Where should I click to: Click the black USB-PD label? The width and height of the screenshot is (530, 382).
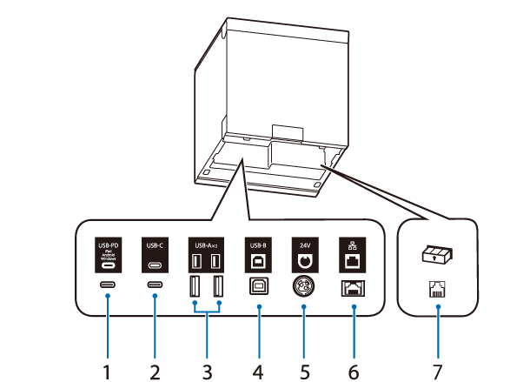click(108, 255)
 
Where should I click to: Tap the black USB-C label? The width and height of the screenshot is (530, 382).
click(156, 255)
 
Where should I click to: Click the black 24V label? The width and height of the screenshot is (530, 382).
click(305, 255)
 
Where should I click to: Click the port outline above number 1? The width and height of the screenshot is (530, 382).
click(108, 285)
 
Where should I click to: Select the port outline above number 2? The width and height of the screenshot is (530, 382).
click(156, 285)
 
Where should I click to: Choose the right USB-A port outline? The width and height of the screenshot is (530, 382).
click(217, 286)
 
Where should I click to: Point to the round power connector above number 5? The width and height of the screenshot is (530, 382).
click(305, 287)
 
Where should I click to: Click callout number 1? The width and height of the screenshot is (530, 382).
click(108, 370)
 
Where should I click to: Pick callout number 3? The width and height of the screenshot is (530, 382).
click(208, 370)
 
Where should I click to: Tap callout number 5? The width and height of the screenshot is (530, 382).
click(305, 370)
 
